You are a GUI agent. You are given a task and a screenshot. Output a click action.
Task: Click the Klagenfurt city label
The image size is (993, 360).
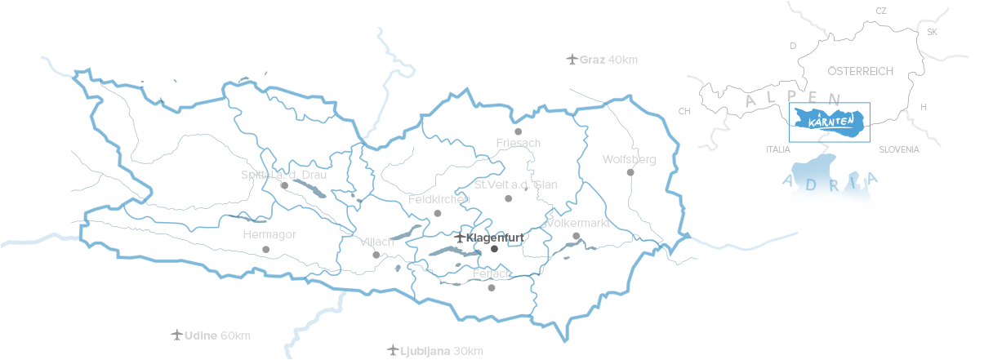pos(495,238)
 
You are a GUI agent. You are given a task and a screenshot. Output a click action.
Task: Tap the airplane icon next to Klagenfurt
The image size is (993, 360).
pos(460,238)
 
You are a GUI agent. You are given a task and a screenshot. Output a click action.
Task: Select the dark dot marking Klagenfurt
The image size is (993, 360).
pos(494,249)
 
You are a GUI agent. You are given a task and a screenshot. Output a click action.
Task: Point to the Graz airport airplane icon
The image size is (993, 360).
pos(572,60)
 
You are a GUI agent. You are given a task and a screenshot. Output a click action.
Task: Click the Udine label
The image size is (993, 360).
pos(201,336)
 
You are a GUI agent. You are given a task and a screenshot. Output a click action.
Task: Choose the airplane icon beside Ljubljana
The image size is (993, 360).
pos(392,351)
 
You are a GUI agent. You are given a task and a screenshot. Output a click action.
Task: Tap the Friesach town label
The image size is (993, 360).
pos(518,143)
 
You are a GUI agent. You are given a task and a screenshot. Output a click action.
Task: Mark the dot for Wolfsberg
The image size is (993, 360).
pos(630,172)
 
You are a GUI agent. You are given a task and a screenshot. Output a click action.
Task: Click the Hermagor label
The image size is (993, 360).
pos(269,235)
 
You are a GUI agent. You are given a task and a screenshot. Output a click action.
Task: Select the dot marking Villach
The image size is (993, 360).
pos(376,255)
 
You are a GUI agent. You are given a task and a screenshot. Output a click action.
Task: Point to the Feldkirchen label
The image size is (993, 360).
pos(439,199)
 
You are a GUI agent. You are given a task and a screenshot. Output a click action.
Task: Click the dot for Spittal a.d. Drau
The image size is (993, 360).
pos(284,185)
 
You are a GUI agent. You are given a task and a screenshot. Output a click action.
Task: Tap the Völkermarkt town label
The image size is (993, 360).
pos(579,223)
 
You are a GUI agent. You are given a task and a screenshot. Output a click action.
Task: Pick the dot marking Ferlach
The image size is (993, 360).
pos(491,287)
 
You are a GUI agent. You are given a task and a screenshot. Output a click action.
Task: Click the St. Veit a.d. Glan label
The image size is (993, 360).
pos(516,184)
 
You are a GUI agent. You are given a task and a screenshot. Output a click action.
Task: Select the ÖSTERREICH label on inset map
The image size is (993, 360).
pos(861,72)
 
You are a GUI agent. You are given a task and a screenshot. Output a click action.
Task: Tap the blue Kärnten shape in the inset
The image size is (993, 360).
pos(830,122)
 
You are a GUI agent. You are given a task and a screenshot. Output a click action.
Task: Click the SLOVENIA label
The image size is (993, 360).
pos(899,150)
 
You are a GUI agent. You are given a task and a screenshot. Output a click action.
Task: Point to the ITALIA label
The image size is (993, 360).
pos(778,150)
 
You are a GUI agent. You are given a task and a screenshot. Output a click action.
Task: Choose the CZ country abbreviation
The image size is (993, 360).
pos(880,11)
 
